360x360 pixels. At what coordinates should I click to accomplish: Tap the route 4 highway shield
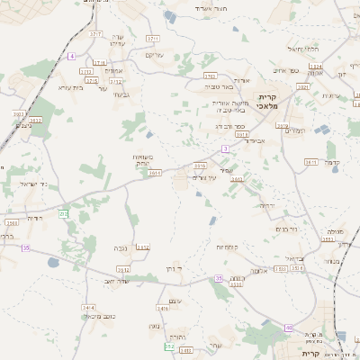pyautogui.click(x=71, y=56)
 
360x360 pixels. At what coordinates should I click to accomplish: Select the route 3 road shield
pyautogui.click(x=225, y=148)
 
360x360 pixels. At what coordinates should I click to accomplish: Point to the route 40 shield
pyautogui.click(x=288, y=328)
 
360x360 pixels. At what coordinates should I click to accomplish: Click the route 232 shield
pyautogui.click(x=63, y=213)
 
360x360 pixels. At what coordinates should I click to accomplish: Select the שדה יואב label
pyautogui.click(x=110, y=281)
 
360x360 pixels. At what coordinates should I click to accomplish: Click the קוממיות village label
pyautogui.click(x=226, y=247)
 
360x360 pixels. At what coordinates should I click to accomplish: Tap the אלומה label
pyautogui.click(x=258, y=271)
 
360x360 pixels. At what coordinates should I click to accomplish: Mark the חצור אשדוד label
pyautogui.click(x=206, y=6)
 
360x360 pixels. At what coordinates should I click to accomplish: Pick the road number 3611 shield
pyautogui.click(x=310, y=161)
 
